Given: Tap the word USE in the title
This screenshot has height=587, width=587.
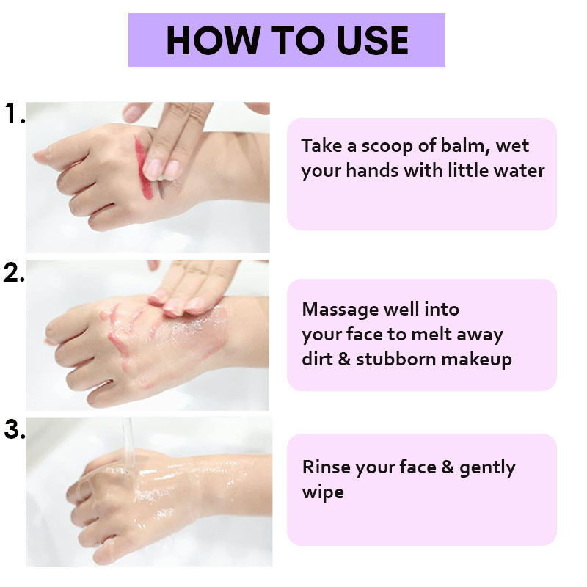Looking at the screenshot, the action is [373, 40].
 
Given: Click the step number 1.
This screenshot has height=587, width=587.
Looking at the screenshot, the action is [15, 114].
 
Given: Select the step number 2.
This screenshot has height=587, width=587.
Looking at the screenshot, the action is [14, 272].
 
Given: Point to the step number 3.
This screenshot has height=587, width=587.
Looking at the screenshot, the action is [15, 429].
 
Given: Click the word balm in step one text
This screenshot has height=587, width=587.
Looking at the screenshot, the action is [465, 145].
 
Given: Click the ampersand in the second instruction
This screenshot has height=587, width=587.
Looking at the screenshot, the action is [344, 359].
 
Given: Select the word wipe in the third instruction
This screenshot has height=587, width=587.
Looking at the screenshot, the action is [323, 492].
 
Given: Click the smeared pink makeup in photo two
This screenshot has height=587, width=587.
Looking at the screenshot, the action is [123, 329].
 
